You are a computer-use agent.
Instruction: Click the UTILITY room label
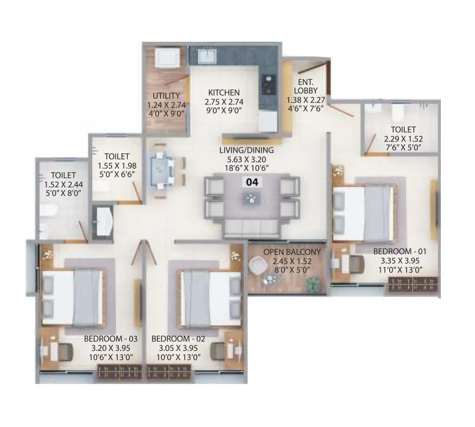(166, 95)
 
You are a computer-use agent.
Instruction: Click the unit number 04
(250, 181)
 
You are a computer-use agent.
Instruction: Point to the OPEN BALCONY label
(285, 252)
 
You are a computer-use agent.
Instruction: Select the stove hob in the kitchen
(268, 84)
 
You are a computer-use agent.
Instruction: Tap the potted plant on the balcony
(313, 285)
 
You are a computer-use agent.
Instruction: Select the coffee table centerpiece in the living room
(250, 198)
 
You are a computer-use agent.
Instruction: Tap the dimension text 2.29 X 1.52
(403, 139)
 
